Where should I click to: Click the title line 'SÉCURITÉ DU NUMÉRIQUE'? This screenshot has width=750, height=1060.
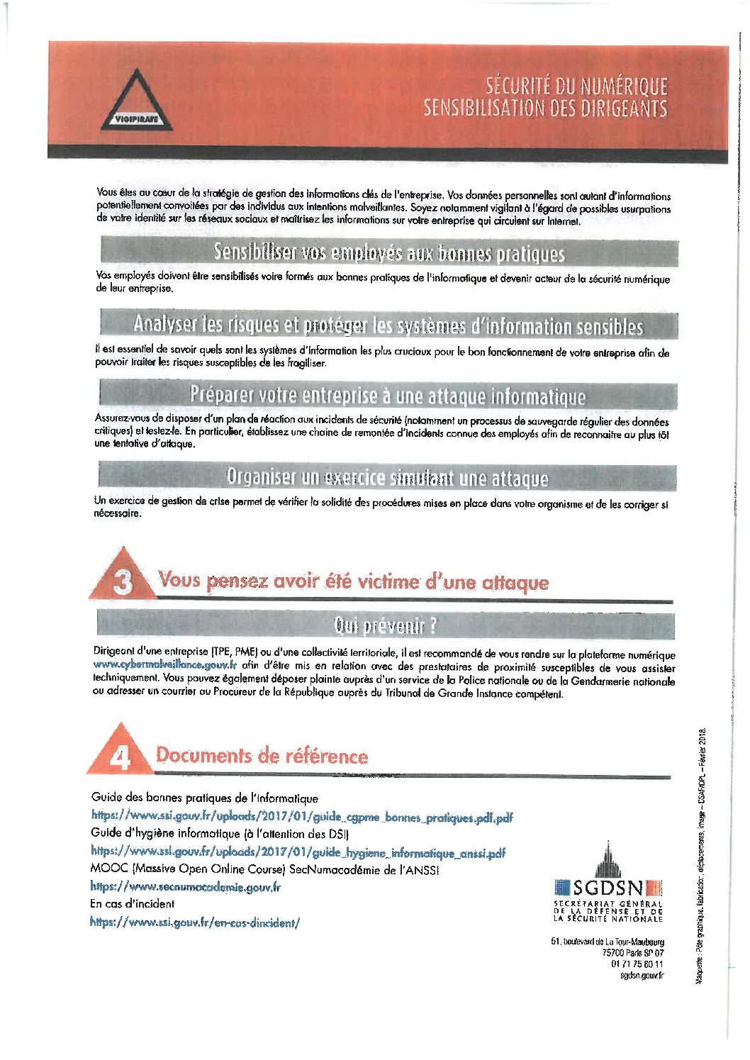tap(576, 86)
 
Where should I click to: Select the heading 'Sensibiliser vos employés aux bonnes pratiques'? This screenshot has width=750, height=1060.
tap(389, 252)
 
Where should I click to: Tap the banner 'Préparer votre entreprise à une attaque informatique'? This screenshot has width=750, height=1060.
tap(388, 395)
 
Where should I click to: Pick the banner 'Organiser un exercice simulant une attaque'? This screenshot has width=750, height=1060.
tap(387, 478)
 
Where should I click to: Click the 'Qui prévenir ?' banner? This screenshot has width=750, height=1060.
tap(385, 625)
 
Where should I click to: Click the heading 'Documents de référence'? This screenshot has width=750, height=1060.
tap(262, 755)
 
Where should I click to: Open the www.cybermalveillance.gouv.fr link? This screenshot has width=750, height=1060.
tap(164, 665)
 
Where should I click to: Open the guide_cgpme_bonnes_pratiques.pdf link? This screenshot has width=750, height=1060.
tap(301, 817)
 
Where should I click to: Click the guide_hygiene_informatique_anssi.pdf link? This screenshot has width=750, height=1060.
tap(298, 852)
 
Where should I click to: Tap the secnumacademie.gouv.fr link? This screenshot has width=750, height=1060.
tap(185, 886)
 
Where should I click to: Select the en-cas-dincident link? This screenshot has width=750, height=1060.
tap(195, 922)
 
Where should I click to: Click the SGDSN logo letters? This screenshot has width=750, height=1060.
tap(608, 888)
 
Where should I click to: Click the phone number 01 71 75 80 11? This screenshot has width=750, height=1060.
tap(637, 964)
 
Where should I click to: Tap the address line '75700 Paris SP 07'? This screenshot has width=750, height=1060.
tap(632, 953)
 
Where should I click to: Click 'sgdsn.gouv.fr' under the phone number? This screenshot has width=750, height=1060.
tap(642, 976)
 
